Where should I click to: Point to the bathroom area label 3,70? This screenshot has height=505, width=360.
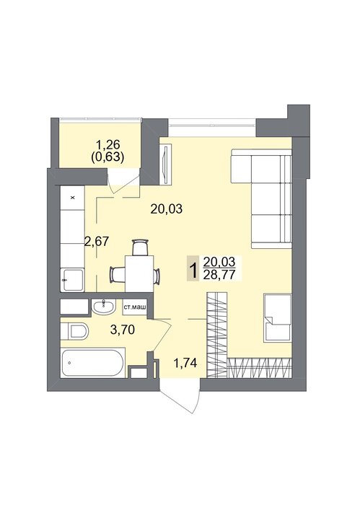tap(122, 330)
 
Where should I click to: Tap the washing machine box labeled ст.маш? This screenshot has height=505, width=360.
tap(134, 307)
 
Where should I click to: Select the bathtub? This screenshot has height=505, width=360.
tap(93, 363)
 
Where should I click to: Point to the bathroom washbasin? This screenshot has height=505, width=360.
tap(103, 307)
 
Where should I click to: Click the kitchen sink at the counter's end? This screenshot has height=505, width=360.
tap(72, 280)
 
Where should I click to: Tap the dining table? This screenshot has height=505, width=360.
tap(139, 273)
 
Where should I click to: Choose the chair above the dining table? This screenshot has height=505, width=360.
tap(140, 247)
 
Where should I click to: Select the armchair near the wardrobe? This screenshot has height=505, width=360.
tap(277, 317)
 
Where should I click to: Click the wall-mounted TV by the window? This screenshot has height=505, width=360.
tap(167, 164)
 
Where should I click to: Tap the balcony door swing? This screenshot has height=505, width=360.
tap(124, 180)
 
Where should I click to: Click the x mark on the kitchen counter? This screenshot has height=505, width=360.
tap(72, 198)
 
